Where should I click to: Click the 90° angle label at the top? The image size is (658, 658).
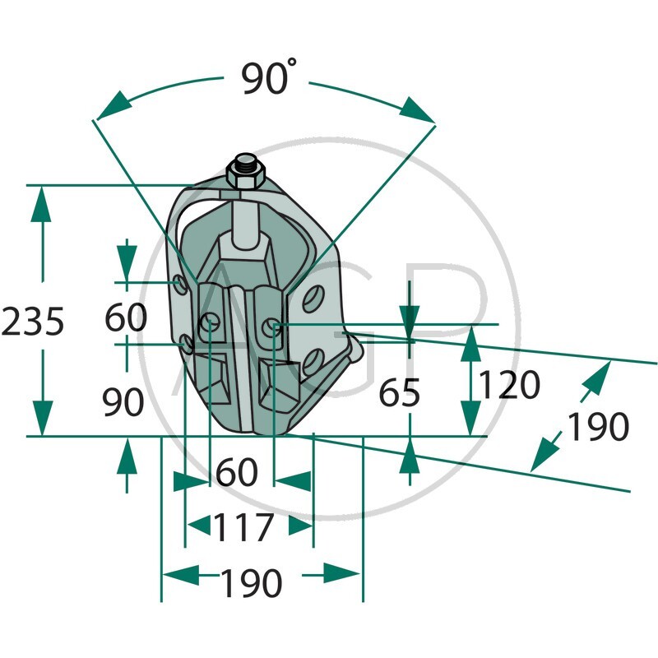click(269, 76)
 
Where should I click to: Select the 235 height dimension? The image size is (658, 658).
click(33, 322)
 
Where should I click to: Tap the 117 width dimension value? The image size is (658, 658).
click(243, 527)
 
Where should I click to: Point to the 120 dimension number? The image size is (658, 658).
click(509, 384)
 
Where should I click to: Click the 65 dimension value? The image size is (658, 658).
click(399, 393)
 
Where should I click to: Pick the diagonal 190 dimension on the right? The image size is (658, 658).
click(599, 427)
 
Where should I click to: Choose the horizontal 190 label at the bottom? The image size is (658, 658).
click(251, 583)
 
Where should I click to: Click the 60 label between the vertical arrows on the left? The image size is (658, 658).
click(126, 317)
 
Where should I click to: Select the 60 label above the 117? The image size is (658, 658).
click(236, 471)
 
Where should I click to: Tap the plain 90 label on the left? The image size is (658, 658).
click(123, 401)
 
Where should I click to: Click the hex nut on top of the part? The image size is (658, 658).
click(245, 177)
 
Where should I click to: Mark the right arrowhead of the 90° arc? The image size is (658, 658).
click(417, 110)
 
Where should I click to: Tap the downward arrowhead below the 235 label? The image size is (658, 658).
click(42, 418)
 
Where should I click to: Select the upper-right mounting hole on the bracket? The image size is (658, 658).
click(313, 299)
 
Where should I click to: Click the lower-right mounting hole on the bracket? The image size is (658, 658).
click(313, 361)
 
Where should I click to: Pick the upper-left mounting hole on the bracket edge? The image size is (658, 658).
click(181, 285)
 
